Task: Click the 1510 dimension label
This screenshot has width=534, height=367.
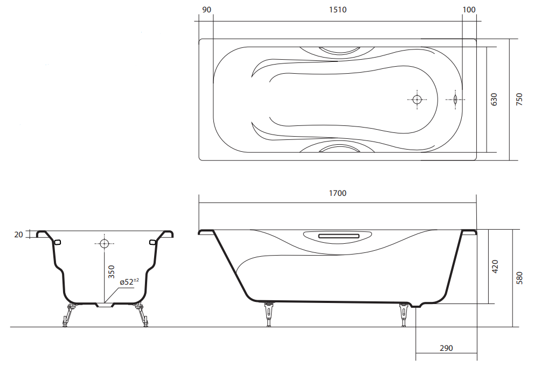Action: point(337,10)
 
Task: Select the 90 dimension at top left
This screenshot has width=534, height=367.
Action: point(207,10)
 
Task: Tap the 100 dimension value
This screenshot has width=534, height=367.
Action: point(469,10)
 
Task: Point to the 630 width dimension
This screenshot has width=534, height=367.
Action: point(494,100)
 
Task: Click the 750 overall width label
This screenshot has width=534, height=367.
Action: point(519,100)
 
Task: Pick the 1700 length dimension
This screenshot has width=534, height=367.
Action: point(337,193)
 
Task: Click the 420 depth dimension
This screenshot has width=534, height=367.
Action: point(495,266)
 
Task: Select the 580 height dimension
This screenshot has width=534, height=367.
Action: point(519,278)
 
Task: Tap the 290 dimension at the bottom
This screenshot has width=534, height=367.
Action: point(446,348)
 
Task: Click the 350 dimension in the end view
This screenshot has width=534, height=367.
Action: point(112,272)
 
